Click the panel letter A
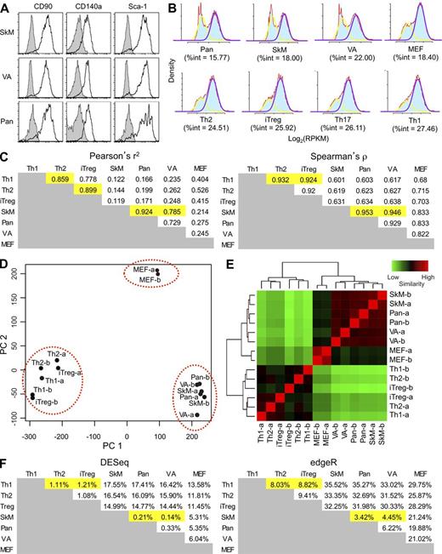(6, 8)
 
